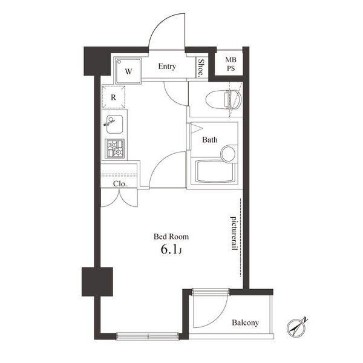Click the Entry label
point(167,67)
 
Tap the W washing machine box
point(128,70)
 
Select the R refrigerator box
point(114,96)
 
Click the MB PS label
point(231,64)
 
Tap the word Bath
point(209,140)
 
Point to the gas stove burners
point(114,148)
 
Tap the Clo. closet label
point(119,184)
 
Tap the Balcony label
point(245,322)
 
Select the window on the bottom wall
point(147,335)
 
